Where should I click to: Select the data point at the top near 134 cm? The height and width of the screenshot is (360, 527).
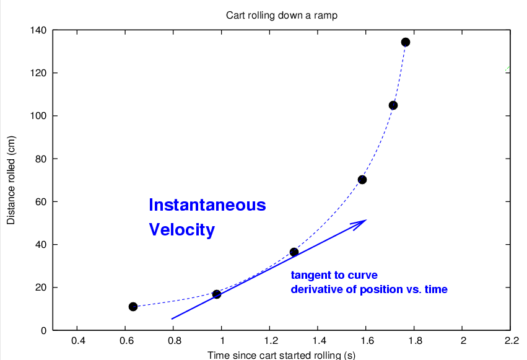[x=406, y=42]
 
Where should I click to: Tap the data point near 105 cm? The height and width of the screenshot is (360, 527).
[x=393, y=105]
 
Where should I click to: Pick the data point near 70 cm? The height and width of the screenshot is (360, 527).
[x=362, y=180]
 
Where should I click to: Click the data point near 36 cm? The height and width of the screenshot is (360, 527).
[x=294, y=252]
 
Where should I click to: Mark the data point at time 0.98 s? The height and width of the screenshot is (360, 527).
[x=217, y=294]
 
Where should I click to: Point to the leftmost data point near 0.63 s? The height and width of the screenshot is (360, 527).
[x=133, y=307]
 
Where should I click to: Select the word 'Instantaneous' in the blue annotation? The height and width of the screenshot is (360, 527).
[x=207, y=205]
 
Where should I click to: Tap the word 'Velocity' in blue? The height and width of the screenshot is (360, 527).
[x=181, y=230]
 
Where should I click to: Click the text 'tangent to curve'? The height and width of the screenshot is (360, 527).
[x=334, y=275]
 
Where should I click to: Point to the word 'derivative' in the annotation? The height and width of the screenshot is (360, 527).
[x=315, y=289]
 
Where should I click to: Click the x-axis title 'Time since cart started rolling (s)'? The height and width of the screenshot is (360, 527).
[x=281, y=355]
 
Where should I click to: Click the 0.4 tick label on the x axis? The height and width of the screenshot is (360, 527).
[x=77, y=341]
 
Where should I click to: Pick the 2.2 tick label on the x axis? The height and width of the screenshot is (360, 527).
[x=511, y=341]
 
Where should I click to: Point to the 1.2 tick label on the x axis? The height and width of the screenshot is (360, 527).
[x=270, y=341]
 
